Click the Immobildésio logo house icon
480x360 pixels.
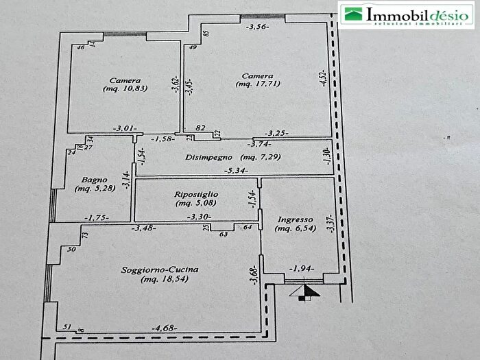click(353, 14)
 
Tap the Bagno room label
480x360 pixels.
click(95, 180)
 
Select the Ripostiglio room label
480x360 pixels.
click(196, 194)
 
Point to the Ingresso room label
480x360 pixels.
click(296, 220)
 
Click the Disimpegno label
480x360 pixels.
click(208, 157)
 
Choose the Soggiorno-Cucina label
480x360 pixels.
click(160, 270)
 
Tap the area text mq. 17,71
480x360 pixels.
click(258, 84)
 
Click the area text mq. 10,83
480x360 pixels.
click(125, 88)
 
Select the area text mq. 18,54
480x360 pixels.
click(165, 279)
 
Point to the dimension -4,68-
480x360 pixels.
click(165, 328)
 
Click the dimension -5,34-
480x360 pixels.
click(236, 171)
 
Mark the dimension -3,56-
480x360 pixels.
click(258, 27)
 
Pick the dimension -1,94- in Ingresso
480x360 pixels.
click(302, 269)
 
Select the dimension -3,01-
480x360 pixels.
click(125, 129)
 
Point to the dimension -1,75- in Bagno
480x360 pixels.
click(97, 218)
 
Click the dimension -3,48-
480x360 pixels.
click(144, 228)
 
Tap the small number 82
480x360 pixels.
click(200, 128)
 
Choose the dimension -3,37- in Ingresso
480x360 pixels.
click(331, 223)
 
